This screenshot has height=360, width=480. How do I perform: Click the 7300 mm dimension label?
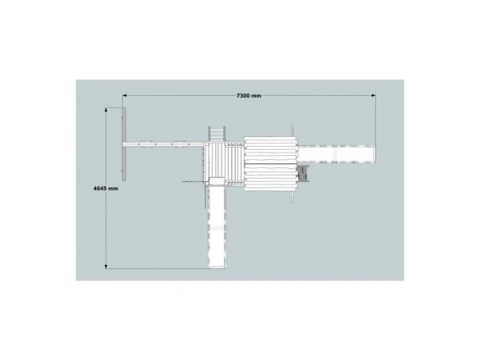click(x=249, y=96)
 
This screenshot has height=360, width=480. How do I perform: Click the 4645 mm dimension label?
click(x=106, y=189)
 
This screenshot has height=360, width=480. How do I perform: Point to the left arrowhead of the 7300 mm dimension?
click(x=124, y=95)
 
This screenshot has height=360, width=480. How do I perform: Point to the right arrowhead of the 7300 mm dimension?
click(x=373, y=95)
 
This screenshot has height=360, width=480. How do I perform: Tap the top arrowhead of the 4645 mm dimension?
click(x=106, y=110)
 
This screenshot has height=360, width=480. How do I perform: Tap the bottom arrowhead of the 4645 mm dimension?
click(x=106, y=267)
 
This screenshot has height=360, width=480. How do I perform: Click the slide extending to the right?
click(x=336, y=154)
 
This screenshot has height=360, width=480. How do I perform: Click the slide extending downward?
click(x=217, y=227)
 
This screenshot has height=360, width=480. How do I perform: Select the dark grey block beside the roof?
click(x=303, y=174)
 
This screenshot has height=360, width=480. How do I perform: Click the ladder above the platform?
click(x=217, y=134)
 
